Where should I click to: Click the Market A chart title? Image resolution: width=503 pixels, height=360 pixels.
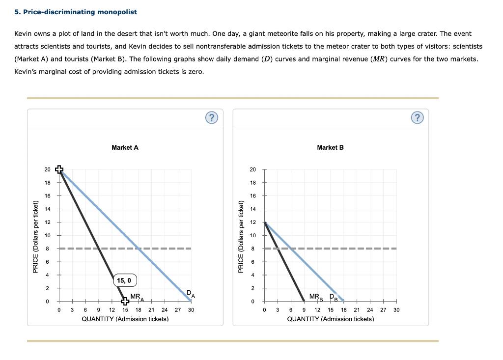point(125,147)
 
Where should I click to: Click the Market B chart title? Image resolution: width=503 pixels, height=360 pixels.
point(330,147)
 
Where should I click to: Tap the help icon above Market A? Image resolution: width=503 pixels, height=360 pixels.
point(211,117)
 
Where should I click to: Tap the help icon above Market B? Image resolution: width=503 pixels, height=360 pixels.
point(417,117)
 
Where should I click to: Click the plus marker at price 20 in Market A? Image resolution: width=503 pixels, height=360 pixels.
point(59,169)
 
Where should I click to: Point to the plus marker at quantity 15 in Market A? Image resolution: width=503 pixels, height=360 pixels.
point(125,301)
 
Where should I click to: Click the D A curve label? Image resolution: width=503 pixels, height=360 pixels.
point(191,294)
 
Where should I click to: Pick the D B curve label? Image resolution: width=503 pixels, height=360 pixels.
point(334,297)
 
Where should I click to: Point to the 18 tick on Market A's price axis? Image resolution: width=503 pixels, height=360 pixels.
point(47,183)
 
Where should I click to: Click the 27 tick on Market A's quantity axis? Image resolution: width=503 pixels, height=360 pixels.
point(178,310)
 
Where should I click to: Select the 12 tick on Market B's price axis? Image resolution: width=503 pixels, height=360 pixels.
point(252,222)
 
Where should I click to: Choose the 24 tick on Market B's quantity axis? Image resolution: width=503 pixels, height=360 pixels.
point(370,310)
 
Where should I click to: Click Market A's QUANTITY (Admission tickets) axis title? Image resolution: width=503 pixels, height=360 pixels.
point(125,319)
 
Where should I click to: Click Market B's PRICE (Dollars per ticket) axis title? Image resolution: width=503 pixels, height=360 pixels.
point(241,237)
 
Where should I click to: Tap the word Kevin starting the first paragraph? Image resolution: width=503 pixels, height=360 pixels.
point(23,34)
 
